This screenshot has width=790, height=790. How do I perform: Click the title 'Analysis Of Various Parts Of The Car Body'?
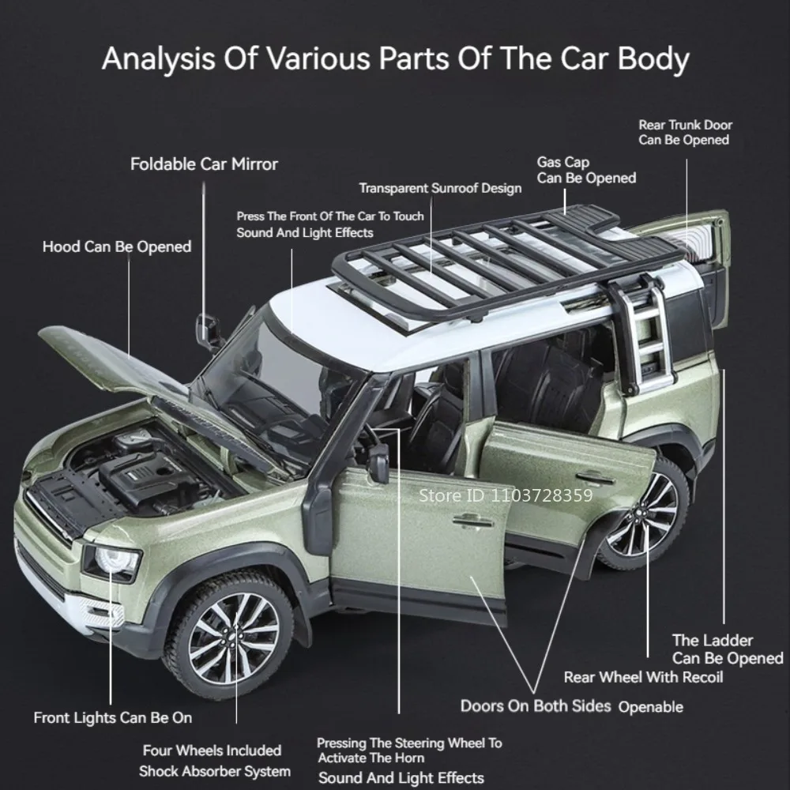pos(395,59)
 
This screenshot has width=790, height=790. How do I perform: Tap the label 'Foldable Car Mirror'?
pos(204,164)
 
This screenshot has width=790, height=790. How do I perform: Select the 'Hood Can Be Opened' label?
pos(117,247)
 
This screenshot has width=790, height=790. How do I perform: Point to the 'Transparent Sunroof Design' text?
pos(440,188)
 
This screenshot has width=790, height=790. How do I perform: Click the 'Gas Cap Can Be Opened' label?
pos(586,171)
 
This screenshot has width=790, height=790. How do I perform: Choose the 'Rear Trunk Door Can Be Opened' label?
pos(685,132)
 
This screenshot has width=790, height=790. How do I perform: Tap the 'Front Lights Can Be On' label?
pos(112,718)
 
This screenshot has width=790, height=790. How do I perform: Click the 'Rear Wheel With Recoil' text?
pos(643,677)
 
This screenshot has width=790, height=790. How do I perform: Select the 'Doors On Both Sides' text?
pos(536,705)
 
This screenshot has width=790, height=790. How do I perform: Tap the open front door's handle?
pos(472,520)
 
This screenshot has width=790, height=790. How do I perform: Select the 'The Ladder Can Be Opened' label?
pos(727,649)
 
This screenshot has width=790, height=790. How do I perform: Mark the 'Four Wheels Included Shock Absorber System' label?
pos(214,761)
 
